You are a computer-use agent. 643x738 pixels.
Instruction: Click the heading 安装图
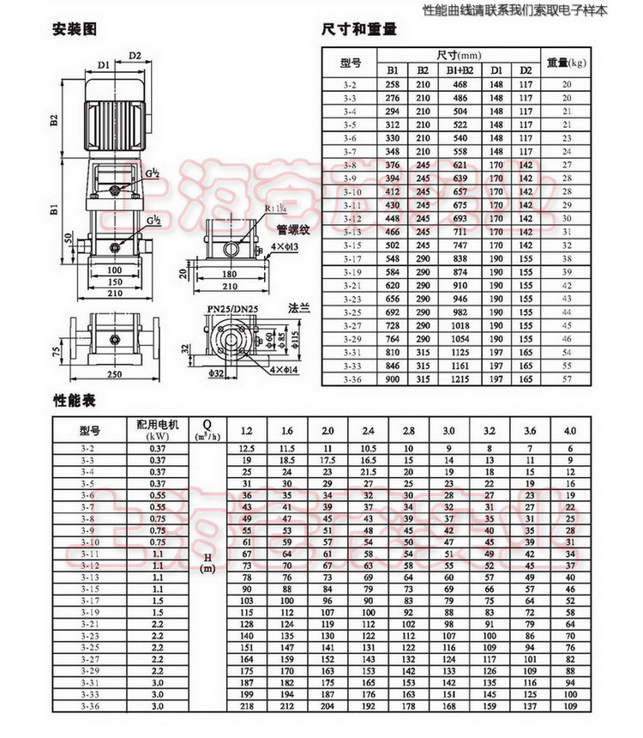pos(75,29)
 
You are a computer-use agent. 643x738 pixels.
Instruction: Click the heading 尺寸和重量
pos(359,29)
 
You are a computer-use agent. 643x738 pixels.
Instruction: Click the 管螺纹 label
pos(292,229)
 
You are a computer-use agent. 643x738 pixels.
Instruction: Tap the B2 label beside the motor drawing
pos(52,119)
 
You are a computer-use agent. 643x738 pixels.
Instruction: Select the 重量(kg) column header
pos(566,62)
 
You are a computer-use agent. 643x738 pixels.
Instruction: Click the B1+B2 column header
pos(460,70)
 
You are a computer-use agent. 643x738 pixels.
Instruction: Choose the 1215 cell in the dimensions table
pos(460,377)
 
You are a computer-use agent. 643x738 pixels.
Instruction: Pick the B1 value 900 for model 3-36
pos(393,377)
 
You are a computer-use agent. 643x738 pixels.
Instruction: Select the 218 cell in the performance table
pos(249,705)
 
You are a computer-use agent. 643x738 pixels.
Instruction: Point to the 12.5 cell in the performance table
pos(249,449)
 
